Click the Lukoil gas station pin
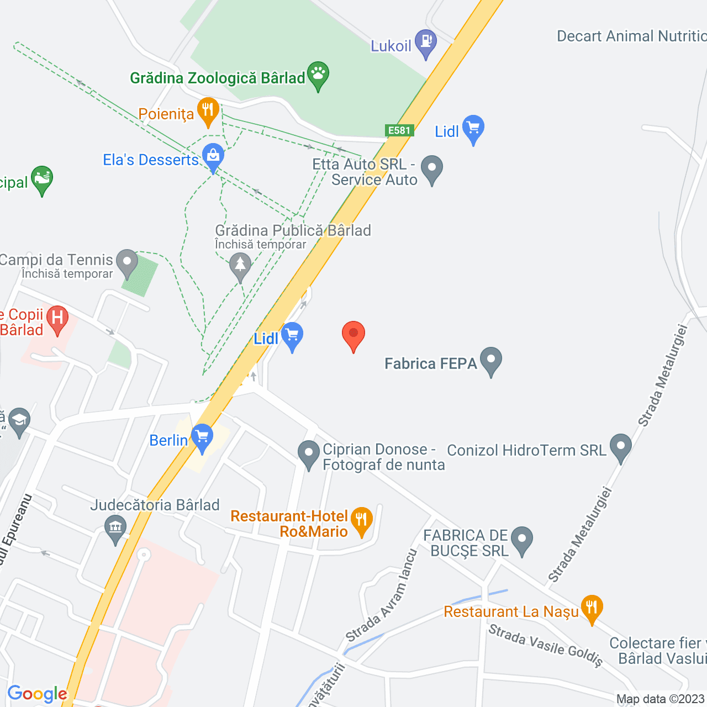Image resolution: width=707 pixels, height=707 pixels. pyautogui.click(x=426, y=42)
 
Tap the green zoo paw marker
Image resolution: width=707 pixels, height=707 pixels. pyautogui.click(x=318, y=74)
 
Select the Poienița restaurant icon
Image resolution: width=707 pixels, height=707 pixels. pyautogui.click(x=208, y=110)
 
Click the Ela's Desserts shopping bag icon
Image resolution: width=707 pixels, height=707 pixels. pyautogui.click(x=213, y=156)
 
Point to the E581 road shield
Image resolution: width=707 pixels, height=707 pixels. pyautogui.click(x=399, y=130)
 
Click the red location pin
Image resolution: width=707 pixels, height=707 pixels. pyautogui.click(x=353, y=334)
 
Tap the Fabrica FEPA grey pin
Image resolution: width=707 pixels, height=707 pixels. pyautogui.click(x=490, y=360)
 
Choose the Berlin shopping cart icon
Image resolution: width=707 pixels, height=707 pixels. pyautogui.click(x=202, y=436)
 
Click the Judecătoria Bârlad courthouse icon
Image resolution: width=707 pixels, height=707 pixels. pyautogui.click(x=115, y=527)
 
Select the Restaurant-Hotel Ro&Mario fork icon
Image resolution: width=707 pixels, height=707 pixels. pyautogui.click(x=362, y=520)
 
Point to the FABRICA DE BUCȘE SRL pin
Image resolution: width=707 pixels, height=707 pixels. pyautogui.click(x=521, y=539)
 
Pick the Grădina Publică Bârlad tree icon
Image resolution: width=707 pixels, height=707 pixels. pyautogui.click(x=240, y=265)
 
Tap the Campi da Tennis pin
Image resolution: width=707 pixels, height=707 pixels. pyautogui.click(x=127, y=262)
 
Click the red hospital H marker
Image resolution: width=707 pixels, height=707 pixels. pyautogui.click(x=57, y=318)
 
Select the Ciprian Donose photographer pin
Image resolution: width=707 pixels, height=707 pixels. pyautogui.click(x=308, y=453)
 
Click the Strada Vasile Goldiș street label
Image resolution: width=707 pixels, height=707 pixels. pyautogui.click(x=546, y=645)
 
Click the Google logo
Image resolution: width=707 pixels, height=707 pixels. pyautogui.click(x=38, y=694)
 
